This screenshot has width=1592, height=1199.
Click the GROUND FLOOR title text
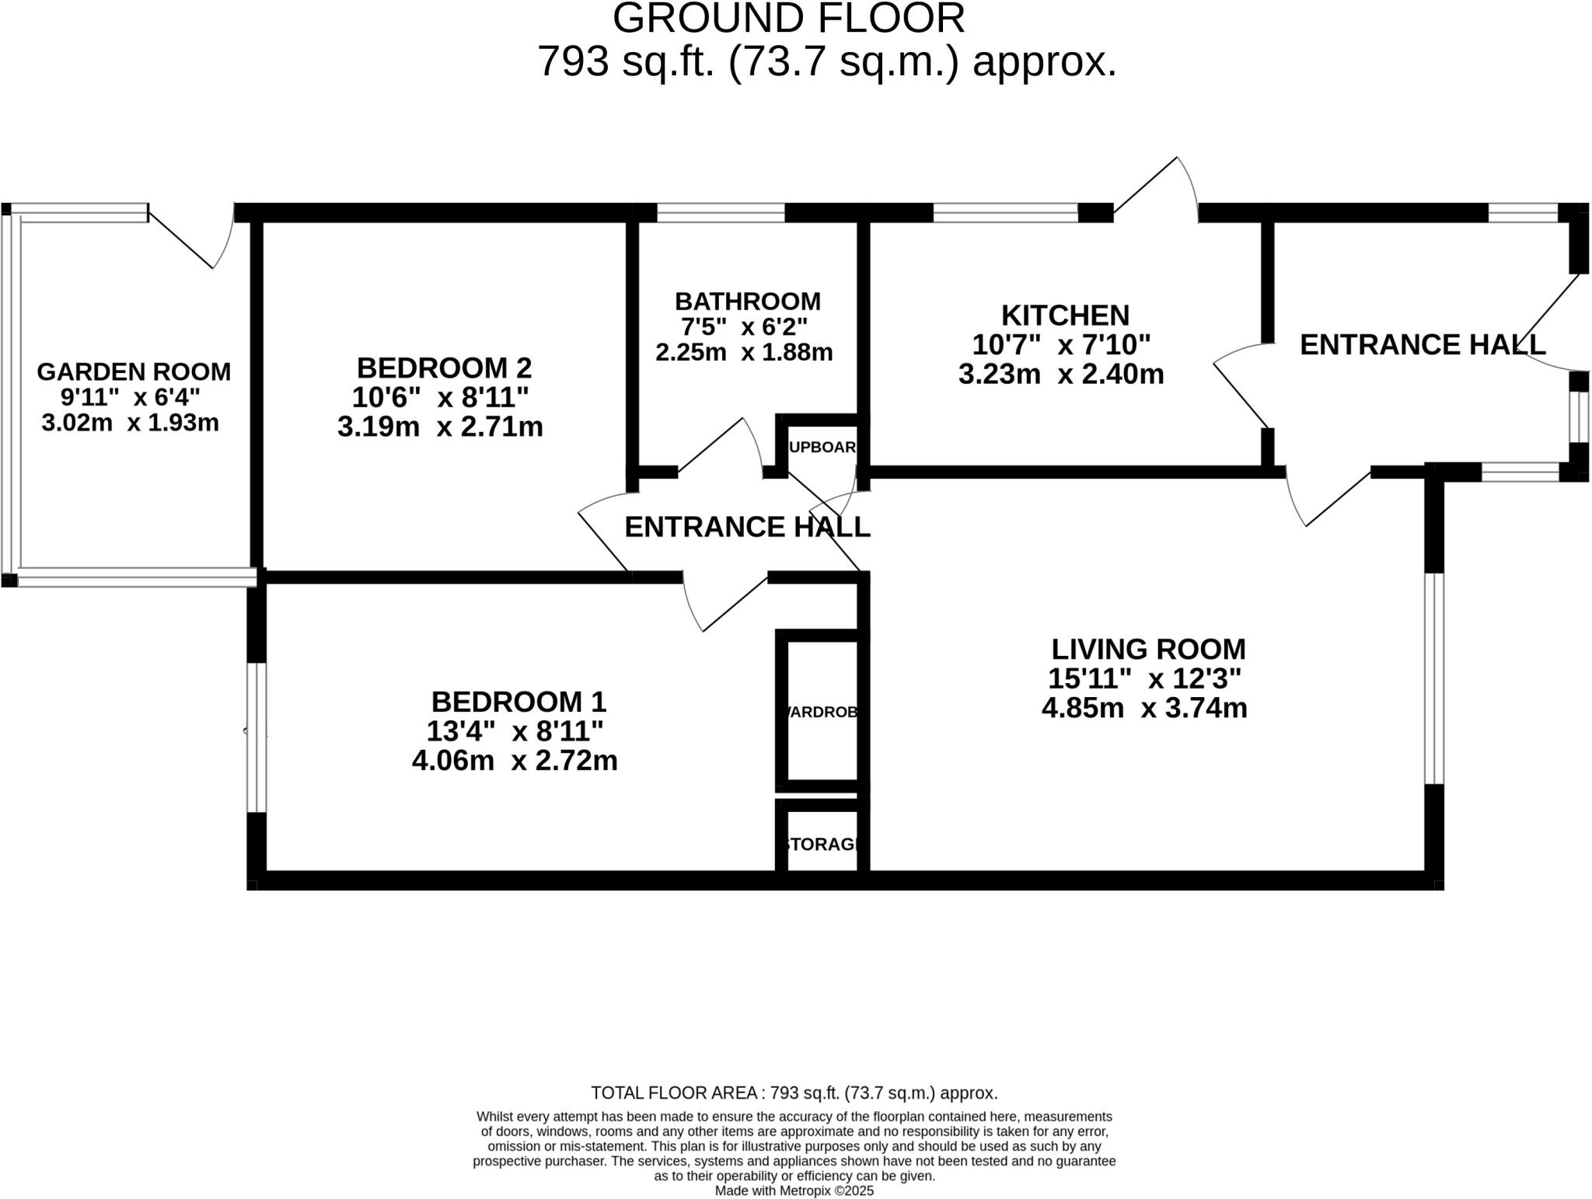(788, 19)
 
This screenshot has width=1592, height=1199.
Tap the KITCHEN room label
(1065, 315)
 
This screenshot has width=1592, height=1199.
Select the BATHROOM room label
(747, 301)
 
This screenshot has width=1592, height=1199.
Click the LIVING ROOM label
(1148, 649)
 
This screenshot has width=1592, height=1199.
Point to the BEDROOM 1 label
(518, 702)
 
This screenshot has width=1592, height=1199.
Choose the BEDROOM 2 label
(444, 368)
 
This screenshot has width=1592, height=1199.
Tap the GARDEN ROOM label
(134, 371)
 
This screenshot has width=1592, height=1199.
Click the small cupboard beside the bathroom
(822, 447)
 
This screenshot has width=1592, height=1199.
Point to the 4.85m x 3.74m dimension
(1144, 708)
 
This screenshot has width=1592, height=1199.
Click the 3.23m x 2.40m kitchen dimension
(1061, 375)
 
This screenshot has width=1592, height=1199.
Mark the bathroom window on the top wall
(721, 212)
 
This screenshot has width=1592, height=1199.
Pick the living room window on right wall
(1434, 678)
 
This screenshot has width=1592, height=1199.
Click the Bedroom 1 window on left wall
(257, 737)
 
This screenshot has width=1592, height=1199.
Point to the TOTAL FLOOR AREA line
(794, 1093)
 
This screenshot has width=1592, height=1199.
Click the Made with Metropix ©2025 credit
(794, 1190)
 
